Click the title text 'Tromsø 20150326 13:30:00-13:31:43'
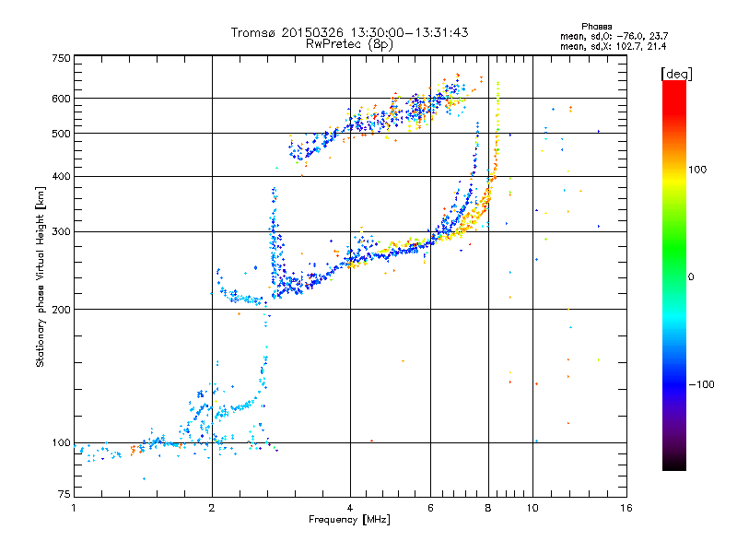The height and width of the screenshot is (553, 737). click(x=350, y=32)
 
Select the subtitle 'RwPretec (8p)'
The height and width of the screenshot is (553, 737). click(x=350, y=44)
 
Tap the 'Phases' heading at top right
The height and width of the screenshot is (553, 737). click(x=596, y=27)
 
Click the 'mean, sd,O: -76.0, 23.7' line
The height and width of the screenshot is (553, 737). click(x=614, y=36)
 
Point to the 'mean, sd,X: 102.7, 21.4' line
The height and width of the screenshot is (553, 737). click(x=613, y=46)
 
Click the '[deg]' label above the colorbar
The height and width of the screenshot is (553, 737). click(x=676, y=74)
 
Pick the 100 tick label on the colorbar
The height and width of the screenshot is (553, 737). click(x=697, y=170)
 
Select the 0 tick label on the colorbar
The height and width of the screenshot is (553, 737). click(x=691, y=276)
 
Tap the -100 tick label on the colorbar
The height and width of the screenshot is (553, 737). click(x=701, y=384)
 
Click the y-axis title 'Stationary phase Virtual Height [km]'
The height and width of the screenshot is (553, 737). click(x=40, y=276)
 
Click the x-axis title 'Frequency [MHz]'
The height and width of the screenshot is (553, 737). click(x=349, y=520)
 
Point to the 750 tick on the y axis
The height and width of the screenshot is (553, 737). click(x=62, y=58)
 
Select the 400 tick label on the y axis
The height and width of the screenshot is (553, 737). click(x=62, y=176)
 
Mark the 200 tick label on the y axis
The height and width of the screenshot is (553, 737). click(x=62, y=309)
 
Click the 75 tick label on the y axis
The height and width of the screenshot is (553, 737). click(x=64, y=494)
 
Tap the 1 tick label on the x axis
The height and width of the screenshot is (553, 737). click(x=74, y=508)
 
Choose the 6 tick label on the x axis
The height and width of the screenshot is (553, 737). click(x=430, y=508)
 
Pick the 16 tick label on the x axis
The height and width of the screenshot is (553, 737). click(x=626, y=508)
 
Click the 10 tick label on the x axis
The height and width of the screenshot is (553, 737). click(x=532, y=508)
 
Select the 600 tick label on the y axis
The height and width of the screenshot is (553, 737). click(x=62, y=99)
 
